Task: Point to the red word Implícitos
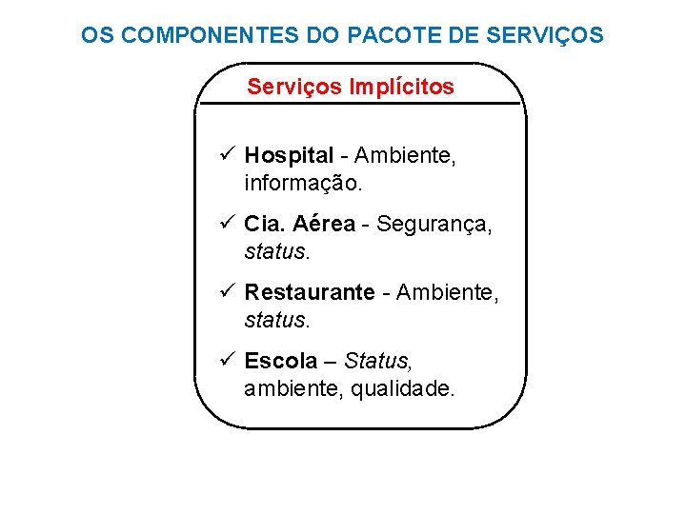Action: [402, 87]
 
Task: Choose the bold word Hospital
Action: [289, 155]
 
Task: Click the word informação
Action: [304, 181]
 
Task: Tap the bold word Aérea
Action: [324, 224]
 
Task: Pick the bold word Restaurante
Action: [310, 292]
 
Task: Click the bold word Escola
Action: [281, 361]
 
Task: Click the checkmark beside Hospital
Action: [226, 154]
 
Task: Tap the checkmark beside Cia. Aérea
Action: [226, 223]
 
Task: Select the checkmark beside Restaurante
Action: [226, 291]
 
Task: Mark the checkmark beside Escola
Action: [226, 360]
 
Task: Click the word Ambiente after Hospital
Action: [405, 155]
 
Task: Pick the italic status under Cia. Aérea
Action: [277, 250]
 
